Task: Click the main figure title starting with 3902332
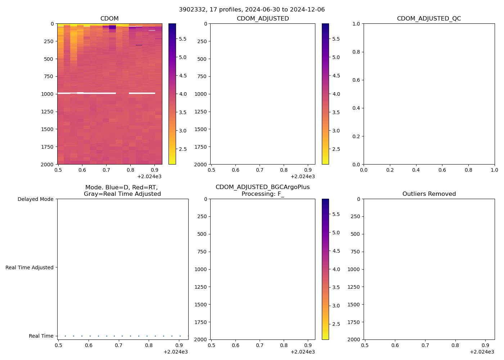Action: pyautogui.click(x=252, y=9)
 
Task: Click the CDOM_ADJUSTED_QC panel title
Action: pyautogui.click(x=429, y=19)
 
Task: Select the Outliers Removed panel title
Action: pyautogui.click(x=429, y=194)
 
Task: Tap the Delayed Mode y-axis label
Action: pyautogui.click(x=35, y=199)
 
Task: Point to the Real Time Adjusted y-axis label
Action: pyautogui.click(x=29, y=267)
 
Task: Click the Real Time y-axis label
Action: pyautogui.click(x=41, y=336)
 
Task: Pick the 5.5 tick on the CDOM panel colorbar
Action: pyautogui.click(x=183, y=39)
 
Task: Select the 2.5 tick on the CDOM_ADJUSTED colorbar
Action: pyautogui.click(x=336, y=149)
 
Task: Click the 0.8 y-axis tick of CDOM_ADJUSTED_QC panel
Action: pyautogui.click(x=356, y=52)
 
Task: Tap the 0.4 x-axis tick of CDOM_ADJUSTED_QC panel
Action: pyautogui.click(x=416, y=170)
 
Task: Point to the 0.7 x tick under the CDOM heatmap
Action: pyautogui.click(x=106, y=170)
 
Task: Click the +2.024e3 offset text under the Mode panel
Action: pyautogui.click(x=175, y=352)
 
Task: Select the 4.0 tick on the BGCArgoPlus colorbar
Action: pyautogui.click(x=336, y=269)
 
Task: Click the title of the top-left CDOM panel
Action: pyautogui.click(x=109, y=19)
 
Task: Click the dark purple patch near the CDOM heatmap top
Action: pyautogui.click(x=112, y=27)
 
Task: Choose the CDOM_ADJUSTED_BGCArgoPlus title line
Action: pyautogui.click(x=262, y=187)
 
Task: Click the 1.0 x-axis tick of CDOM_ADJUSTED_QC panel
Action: pyautogui.click(x=495, y=170)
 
